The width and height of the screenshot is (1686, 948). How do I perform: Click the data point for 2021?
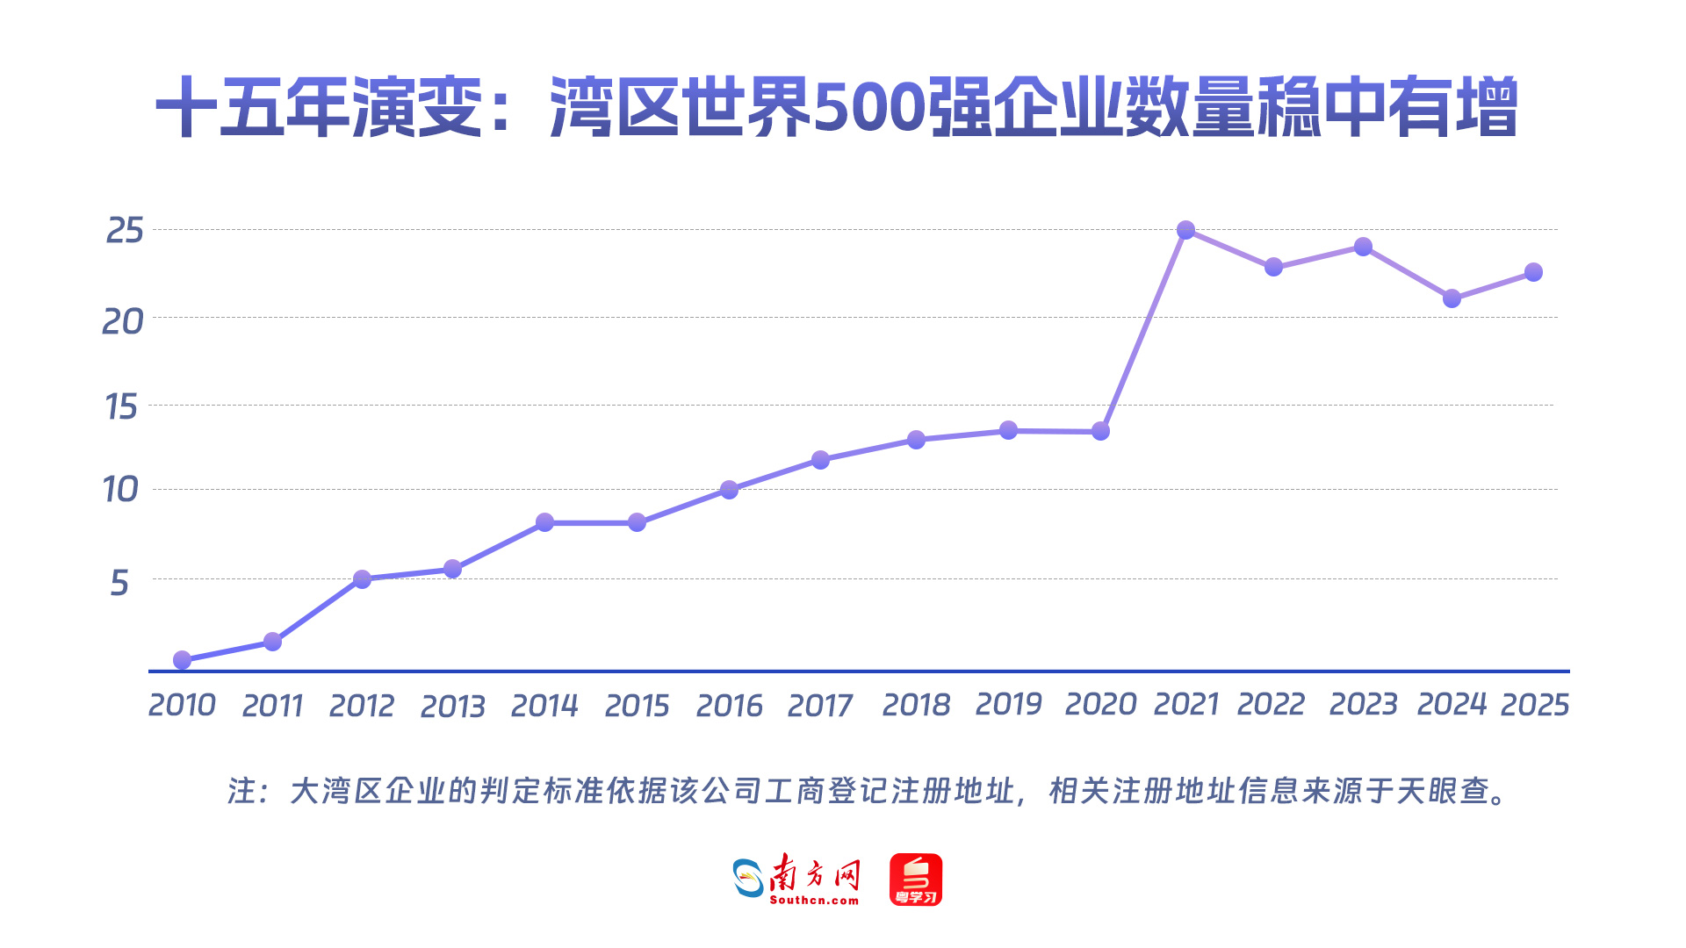coord(1185,230)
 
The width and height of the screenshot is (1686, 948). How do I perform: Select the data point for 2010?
coord(182,660)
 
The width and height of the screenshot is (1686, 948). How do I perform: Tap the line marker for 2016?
coord(729,490)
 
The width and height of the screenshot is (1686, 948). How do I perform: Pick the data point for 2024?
coord(1452,298)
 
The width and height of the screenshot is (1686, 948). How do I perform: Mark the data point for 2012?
coord(362,579)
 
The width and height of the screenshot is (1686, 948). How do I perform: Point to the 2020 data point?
coord(1100,431)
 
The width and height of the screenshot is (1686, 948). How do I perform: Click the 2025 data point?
coord(1533,272)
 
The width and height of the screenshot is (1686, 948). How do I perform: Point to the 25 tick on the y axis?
coord(125,231)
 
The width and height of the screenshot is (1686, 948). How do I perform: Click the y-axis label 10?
coord(120,490)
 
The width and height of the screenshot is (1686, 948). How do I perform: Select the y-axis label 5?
coord(119,583)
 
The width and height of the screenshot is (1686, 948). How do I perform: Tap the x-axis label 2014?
coord(544,706)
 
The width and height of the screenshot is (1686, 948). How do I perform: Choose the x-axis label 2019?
coord(1008,704)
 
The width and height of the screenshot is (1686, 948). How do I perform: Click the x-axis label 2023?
coord(1363,704)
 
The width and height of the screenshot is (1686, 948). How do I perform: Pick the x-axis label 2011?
coord(272,706)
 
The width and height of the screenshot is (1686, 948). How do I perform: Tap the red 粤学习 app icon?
coord(916,880)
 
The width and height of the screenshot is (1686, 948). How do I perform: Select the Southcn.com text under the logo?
coord(814,901)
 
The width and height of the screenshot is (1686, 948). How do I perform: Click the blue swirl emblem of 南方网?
coord(749,878)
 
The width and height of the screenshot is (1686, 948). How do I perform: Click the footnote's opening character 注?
coord(241,791)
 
